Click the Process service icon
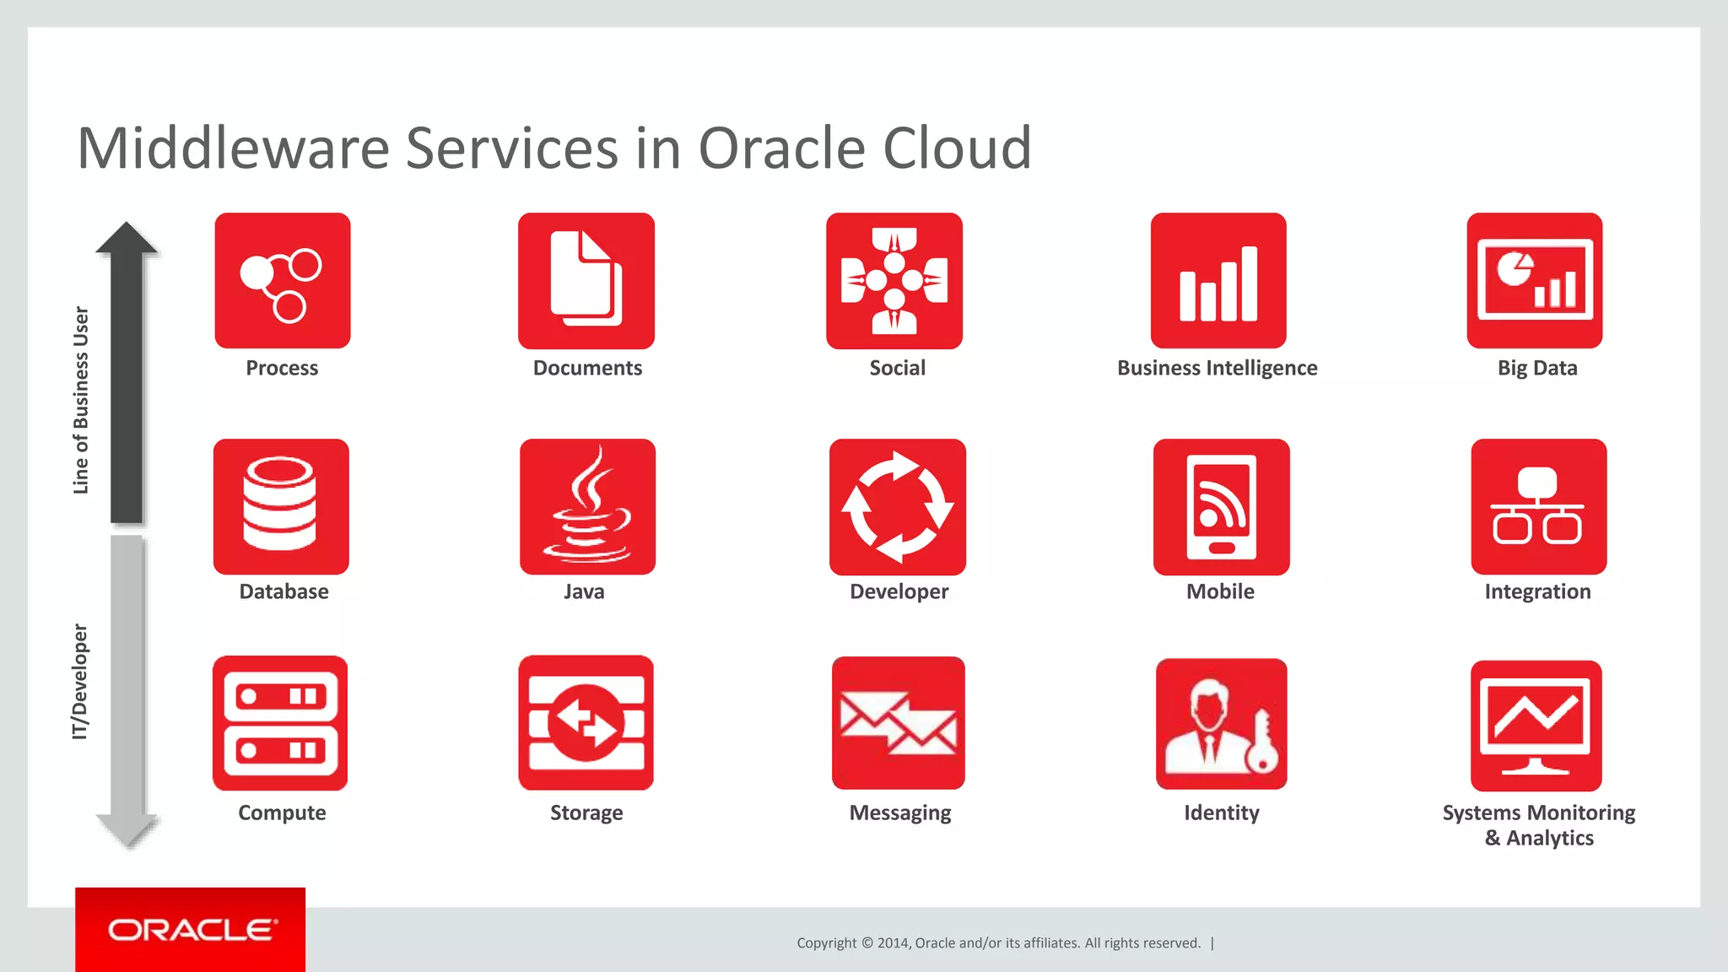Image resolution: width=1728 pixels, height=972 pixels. pos(282,280)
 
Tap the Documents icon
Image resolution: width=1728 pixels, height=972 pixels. pos(586,280)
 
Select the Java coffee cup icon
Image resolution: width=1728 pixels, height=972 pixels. pos(587,506)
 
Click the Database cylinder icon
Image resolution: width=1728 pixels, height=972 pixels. pos(281,506)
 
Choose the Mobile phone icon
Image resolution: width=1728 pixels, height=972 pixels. pos(1221,506)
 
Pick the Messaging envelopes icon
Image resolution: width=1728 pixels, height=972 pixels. pos(898,723)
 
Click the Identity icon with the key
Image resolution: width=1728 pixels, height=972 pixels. pos(1221,724)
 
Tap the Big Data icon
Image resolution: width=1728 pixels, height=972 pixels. pos(1534,280)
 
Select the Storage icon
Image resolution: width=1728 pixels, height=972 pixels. pos(586,723)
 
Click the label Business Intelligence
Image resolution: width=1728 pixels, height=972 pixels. pos(1217,368)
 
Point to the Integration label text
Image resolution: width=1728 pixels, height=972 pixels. pos(1537,591)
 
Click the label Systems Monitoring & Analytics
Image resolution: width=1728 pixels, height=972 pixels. pos(1538,825)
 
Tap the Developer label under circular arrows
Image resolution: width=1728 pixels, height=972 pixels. pos(899,591)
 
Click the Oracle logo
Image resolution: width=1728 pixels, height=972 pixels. pos(191,930)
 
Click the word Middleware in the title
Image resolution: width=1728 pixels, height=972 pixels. pos(233,148)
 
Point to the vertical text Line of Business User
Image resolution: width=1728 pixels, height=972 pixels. pos(81,400)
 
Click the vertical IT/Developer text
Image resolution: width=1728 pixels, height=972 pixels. pos(80,682)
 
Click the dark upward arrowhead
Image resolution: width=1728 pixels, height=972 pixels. pos(127,239)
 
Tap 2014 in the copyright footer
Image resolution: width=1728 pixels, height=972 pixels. pos(893,943)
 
